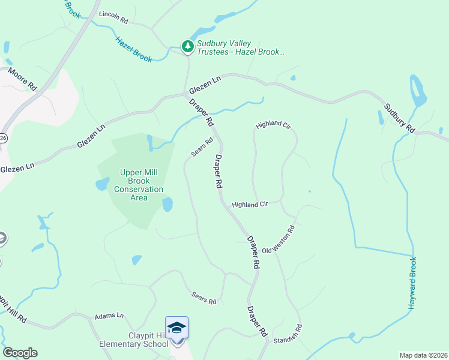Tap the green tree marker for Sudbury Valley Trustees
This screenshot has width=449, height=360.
pos(188,46)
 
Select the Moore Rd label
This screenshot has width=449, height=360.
pos(22,80)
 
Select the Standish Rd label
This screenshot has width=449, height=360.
pos(288,335)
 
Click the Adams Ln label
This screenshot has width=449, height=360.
pos(109,316)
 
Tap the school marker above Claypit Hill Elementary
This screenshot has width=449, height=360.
pos(176,328)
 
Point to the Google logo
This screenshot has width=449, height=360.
pos(20,353)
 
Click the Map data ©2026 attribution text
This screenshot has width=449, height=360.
pos(423,355)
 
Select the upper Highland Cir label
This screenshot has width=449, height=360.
pos(273,125)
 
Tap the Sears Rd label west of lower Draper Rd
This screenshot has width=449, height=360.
pos(203,297)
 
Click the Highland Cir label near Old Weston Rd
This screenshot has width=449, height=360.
pos(250,205)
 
